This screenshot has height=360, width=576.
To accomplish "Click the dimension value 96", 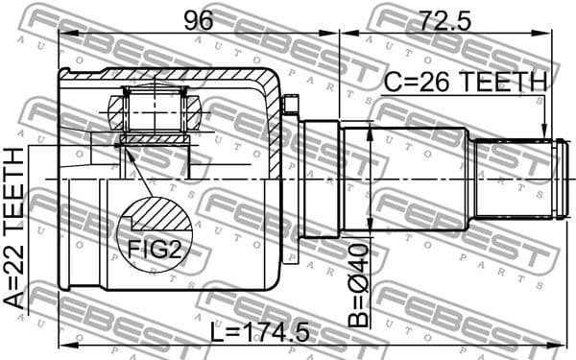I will [x=200, y=16].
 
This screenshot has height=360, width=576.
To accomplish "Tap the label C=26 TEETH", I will [x=465, y=83].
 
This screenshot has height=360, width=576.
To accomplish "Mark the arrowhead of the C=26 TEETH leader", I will [x=544, y=133].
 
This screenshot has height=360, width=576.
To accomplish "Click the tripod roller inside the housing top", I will [x=155, y=110].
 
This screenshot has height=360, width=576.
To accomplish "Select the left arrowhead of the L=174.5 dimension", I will [x=63, y=345].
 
